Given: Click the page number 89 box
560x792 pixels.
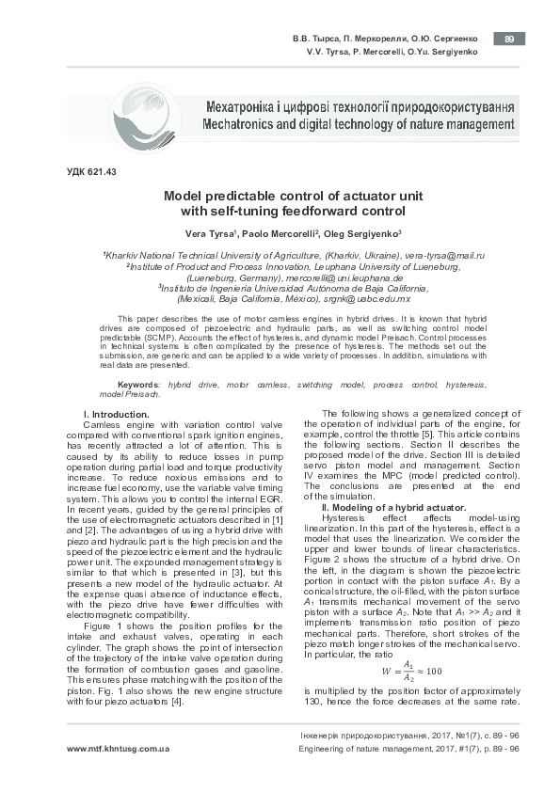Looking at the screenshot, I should pos(509,39).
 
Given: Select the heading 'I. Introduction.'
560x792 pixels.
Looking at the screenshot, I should pos(110,415).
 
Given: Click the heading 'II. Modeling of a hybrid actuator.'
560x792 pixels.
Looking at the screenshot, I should pos(394,507).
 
